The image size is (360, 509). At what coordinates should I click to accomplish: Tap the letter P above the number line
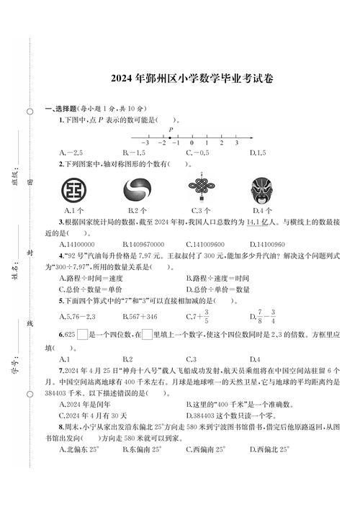tap(171, 130)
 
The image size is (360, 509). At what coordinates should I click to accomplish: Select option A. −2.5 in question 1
tap(73, 153)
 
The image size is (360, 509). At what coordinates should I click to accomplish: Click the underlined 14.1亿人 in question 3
tap(261, 222)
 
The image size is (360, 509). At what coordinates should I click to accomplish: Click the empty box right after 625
tap(83, 333)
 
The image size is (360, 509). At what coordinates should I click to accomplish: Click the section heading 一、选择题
tap(62, 109)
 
